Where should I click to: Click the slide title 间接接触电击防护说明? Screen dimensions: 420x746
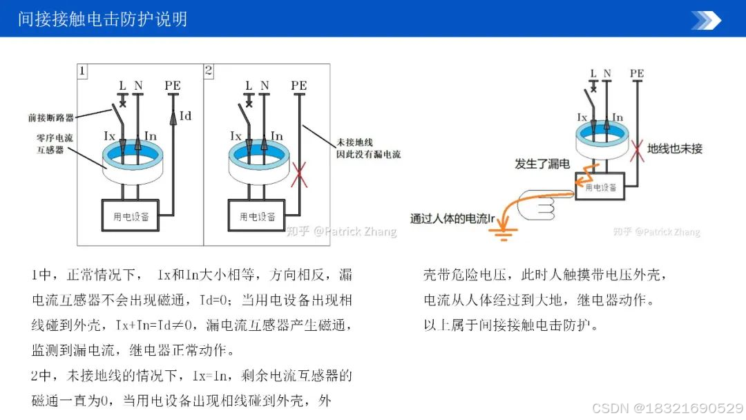tap(103, 19)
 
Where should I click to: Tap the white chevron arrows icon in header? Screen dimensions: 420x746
tap(706, 20)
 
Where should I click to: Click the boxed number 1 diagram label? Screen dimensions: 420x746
tap(82, 70)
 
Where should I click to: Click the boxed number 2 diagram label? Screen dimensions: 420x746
tap(209, 70)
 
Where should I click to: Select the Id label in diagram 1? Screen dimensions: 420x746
tap(185, 115)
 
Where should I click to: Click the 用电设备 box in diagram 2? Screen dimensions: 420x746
tap(257, 216)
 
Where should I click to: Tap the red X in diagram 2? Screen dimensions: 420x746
tap(299, 174)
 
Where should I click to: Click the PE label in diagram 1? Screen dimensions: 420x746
tap(173, 86)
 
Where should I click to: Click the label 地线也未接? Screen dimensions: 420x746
tap(674, 148)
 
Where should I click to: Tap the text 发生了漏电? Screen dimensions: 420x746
tap(542, 164)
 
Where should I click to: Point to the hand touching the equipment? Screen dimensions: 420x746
tap(545, 205)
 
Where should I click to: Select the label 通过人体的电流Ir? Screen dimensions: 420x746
tap(454, 218)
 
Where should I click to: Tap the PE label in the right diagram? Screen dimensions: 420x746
tap(637, 73)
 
